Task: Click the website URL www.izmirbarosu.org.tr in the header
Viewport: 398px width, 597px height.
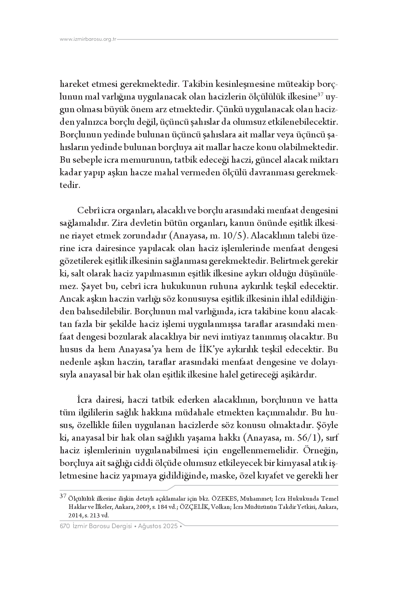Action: (88, 39)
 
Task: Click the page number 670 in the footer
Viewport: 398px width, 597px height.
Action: (64, 527)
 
